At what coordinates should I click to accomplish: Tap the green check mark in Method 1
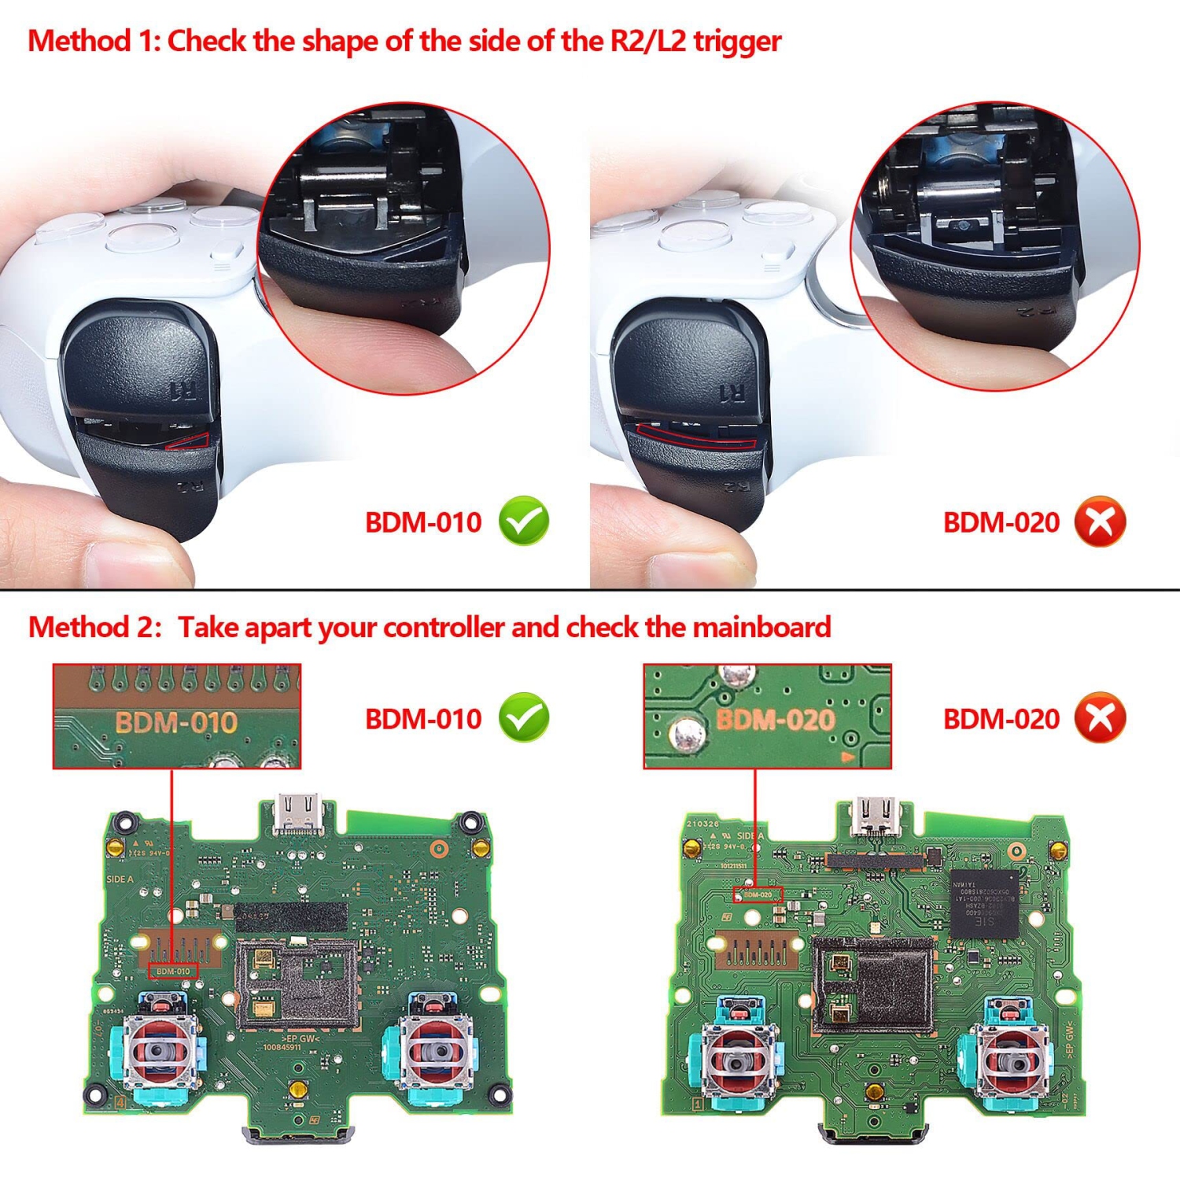click(524, 522)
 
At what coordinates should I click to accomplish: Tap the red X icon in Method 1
click(1101, 522)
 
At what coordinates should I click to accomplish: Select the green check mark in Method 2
click(524, 717)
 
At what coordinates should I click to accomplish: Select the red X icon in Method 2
click(1101, 717)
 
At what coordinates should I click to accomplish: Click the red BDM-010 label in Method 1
click(423, 522)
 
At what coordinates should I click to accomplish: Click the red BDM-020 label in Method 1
click(1001, 522)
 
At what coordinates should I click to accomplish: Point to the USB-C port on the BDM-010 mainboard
click(300, 814)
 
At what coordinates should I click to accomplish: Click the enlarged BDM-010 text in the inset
click(175, 722)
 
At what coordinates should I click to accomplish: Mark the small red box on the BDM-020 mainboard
click(758, 894)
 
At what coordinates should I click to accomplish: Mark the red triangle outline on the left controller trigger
click(189, 441)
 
